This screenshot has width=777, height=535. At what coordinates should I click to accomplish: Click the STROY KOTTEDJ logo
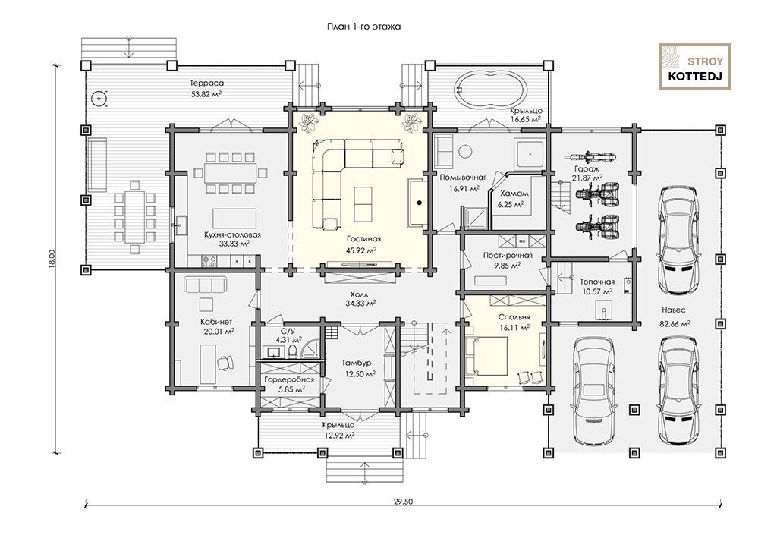(695, 67)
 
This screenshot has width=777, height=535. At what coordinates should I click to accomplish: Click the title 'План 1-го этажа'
(363, 27)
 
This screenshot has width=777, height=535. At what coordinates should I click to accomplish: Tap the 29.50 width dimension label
(404, 502)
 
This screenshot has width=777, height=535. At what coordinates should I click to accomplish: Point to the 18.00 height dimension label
(52, 259)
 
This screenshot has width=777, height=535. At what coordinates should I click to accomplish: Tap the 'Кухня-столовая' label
(232, 234)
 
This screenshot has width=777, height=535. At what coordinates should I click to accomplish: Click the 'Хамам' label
(514, 194)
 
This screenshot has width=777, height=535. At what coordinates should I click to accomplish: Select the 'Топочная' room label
(597, 282)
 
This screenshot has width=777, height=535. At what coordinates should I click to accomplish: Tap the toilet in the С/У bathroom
(292, 351)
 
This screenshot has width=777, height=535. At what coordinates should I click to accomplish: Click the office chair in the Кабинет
(226, 363)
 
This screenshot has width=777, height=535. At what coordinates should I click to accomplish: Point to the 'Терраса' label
(206, 83)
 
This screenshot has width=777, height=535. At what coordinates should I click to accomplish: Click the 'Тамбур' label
(357, 363)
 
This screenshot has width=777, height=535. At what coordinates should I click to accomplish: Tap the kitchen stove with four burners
(209, 260)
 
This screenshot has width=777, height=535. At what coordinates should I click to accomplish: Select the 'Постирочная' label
(508, 256)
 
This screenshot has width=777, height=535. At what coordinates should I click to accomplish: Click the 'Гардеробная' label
(289, 380)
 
